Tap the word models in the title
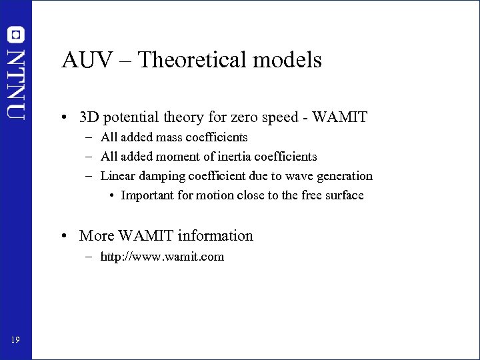(x=291, y=61)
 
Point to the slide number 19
(x=15, y=341)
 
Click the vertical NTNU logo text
(x=16, y=83)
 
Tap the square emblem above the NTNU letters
(x=16, y=34)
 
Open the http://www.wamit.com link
(x=162, y=257)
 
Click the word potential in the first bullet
(x=130, y=118)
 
